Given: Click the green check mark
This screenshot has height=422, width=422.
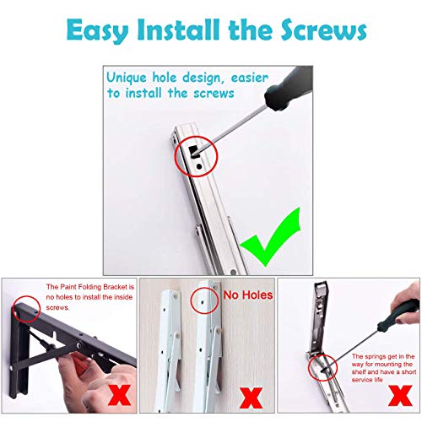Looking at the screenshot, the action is [x=271, y=237].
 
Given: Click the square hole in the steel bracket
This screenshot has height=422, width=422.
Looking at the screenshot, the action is [x=194, y=151].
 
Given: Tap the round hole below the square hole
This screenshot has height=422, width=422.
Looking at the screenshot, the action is [x=199, y=166].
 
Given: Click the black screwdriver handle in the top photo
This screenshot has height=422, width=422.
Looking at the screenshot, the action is [x=289, y=87].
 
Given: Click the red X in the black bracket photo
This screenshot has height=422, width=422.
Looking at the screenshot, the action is [x=119, y=395].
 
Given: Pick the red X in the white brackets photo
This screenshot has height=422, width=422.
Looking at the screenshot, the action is [x=251, y=398].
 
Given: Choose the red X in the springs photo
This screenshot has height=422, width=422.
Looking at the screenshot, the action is [x=400, y=396].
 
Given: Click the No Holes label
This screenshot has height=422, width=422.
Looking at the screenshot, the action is [x=248, y=295].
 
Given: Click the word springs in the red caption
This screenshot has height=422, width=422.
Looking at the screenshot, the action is [x=376, y=357].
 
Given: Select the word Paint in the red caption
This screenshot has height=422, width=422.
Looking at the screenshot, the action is [x=68, y=287].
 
